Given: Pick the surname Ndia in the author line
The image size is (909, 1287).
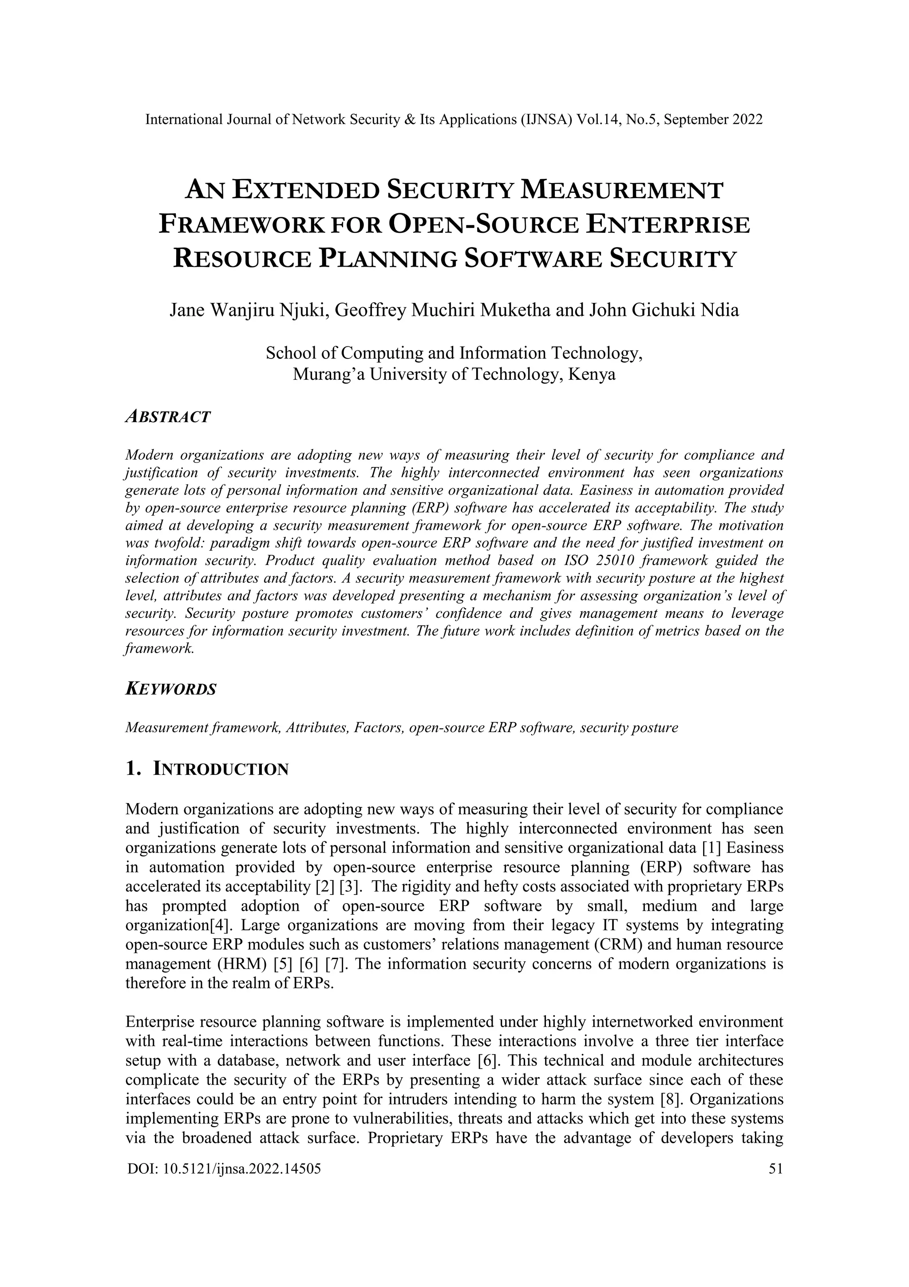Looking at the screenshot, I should pos(721,310).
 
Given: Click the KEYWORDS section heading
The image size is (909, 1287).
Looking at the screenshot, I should pos(170,689).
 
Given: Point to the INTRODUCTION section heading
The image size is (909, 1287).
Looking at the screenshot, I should pos(221,769).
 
